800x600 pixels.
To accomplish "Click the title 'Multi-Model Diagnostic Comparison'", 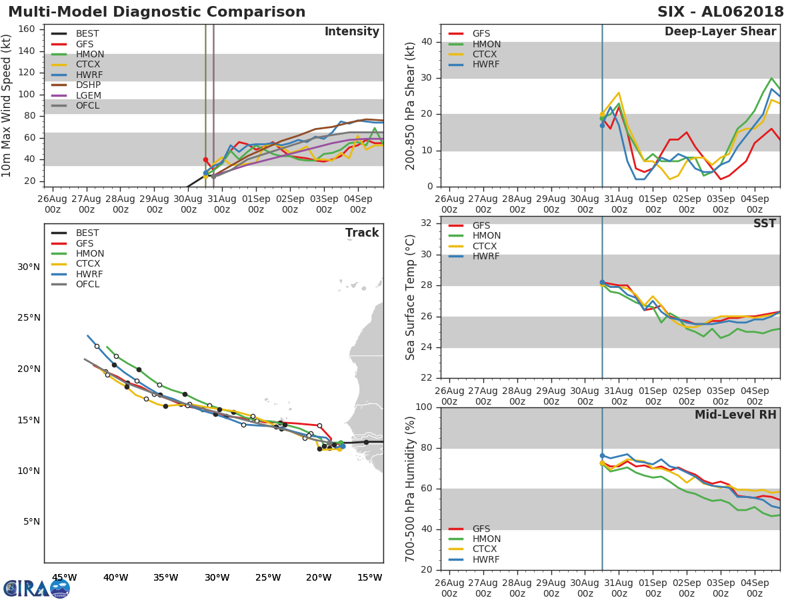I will click(157, 12).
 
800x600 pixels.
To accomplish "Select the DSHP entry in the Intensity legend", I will click(87, 85).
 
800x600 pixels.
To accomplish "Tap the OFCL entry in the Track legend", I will click(87, 285).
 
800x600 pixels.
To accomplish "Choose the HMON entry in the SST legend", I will click(486, 236).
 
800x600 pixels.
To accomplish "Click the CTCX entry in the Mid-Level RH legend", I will click(485, 549).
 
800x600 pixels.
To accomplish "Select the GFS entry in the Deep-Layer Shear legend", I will click(481, 34).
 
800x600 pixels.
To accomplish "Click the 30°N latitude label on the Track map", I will click(29, 267).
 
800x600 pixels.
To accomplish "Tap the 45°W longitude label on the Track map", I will click(64, 577).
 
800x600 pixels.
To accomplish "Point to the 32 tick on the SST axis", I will click(427, 223).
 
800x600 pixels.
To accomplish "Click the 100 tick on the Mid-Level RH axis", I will click(424, 407).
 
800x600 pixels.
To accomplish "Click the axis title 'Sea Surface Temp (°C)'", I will click(411, 297).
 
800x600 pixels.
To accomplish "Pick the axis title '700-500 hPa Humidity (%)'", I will click(411, 489).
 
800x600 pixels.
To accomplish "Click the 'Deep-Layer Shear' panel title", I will click(720, 32).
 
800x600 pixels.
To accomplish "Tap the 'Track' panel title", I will click(361, 233).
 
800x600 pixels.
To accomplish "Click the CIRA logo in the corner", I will click(37, 588).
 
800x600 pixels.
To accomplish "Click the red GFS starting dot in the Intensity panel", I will click(205, 160).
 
